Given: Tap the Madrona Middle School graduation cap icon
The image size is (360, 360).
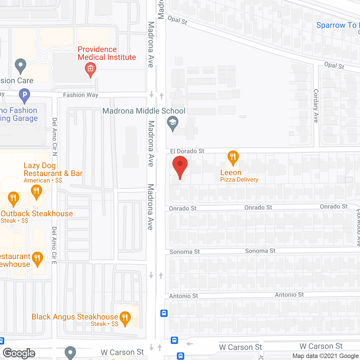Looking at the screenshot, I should (x=173, y=123).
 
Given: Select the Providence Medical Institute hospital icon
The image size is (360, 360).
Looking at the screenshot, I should (x=90, y=69).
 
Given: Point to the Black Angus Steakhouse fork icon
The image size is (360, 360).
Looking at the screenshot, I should (x=125, y=318).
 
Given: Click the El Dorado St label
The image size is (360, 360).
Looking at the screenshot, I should (x=187, y=151).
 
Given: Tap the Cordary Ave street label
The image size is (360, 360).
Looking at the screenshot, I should (x=316, y=106).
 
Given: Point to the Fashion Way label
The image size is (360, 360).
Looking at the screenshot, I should (x=80, y=95).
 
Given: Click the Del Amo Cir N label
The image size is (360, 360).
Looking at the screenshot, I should (x=55, y=137).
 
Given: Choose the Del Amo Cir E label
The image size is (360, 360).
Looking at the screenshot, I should (x=54, y=245).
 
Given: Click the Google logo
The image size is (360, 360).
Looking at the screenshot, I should (x=19, y=353).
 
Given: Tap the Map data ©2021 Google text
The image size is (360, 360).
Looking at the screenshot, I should (x=325, y=356).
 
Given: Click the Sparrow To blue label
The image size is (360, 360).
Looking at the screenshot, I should (x=336, y=25).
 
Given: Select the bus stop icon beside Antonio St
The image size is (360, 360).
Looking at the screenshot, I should (x=164, y=313).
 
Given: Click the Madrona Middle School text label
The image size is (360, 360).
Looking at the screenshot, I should (x=144, y=111).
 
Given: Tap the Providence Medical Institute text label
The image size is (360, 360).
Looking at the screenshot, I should (x=107, y=53).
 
